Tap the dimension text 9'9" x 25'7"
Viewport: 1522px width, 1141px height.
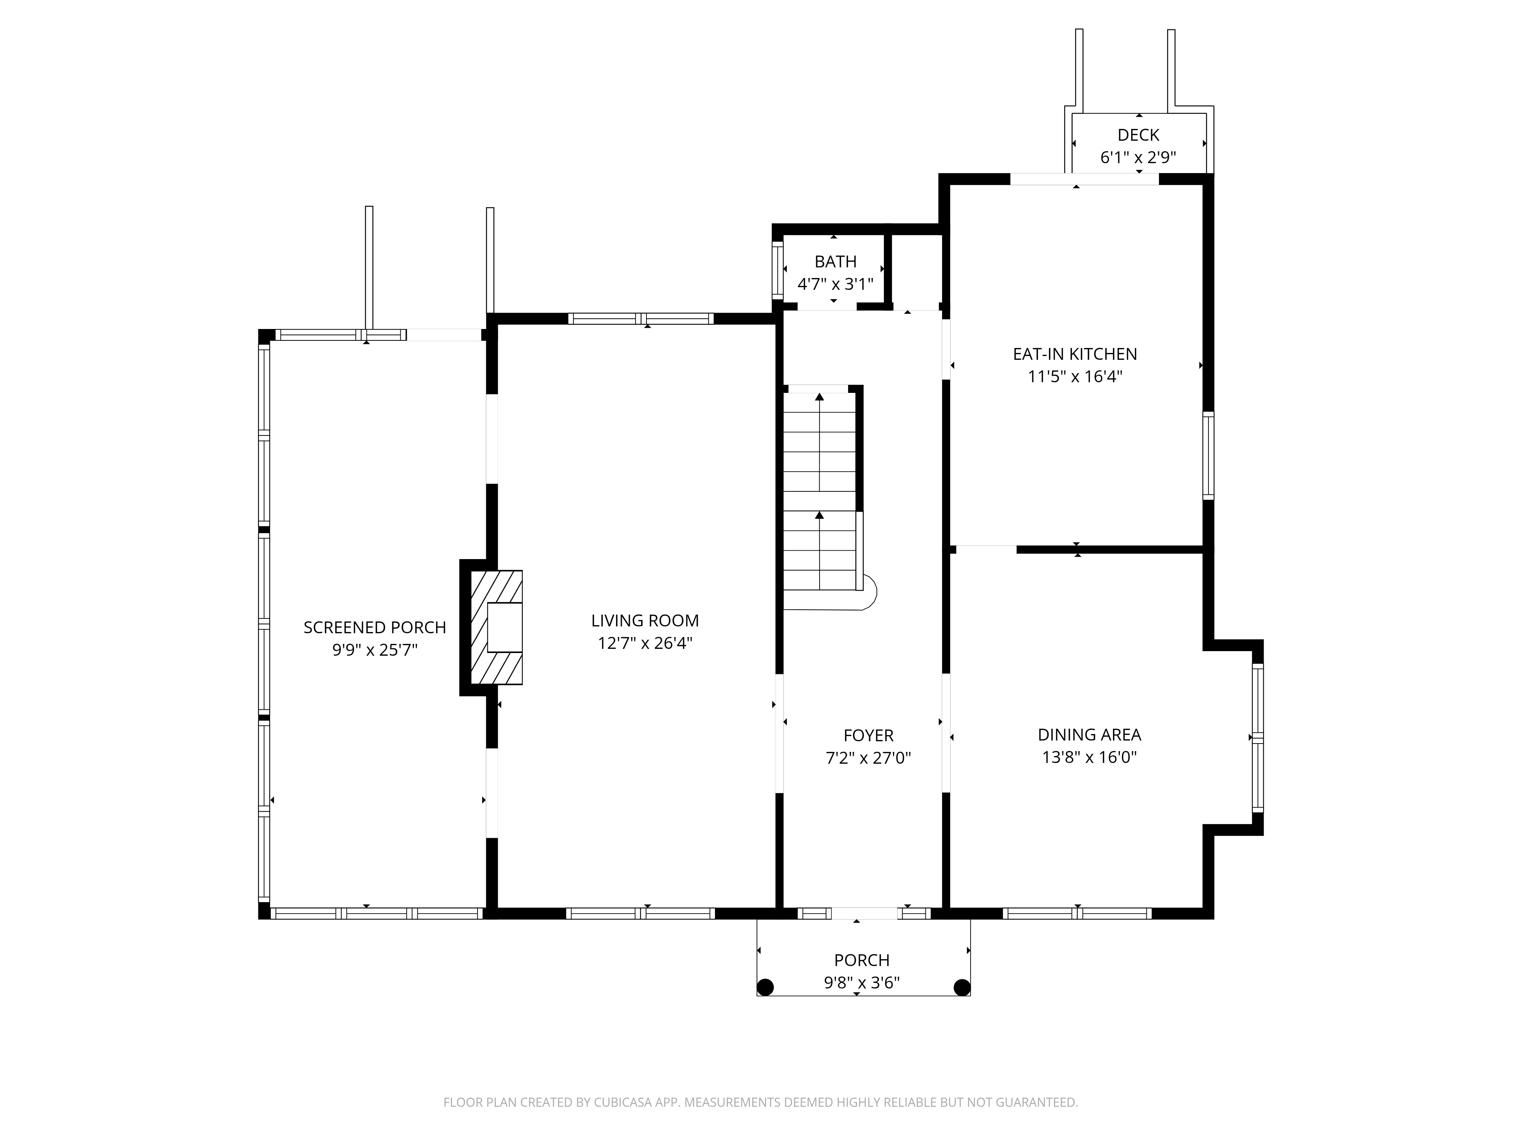click(x=375, y=650)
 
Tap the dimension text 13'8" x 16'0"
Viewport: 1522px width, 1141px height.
click(x=1089, y=757)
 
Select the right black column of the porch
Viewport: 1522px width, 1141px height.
click(x=962, y=987)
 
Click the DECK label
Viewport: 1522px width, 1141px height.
click(x=1138, y=135)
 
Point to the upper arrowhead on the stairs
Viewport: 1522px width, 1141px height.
click(x=820, y=397)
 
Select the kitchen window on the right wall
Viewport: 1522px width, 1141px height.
click(x=1208, y=455)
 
